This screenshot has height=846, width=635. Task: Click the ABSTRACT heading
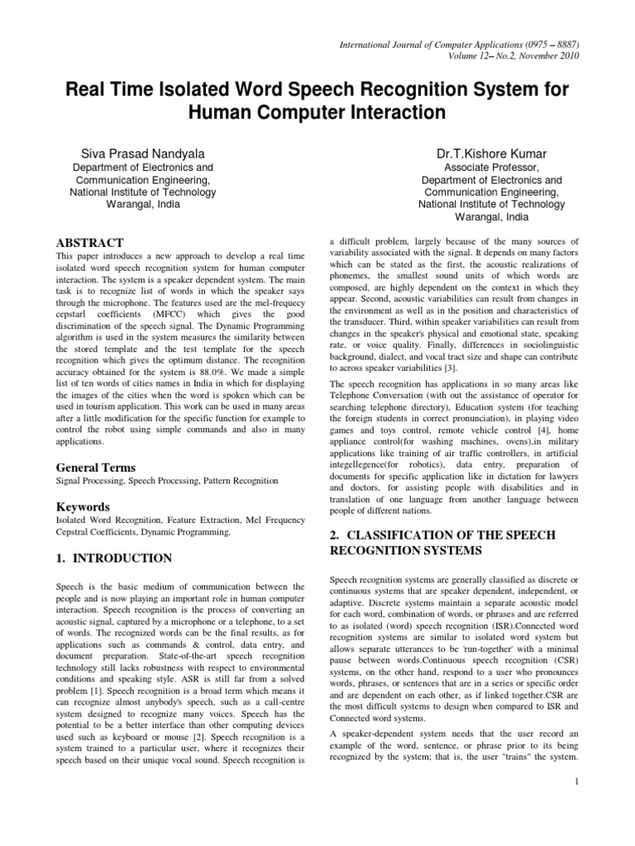coord(89,243)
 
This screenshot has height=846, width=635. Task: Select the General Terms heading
coord(95,467)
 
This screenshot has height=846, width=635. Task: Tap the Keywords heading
coord(84,506)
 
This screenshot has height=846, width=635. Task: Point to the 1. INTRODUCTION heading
coord(114,558)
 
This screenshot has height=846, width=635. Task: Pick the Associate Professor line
coord(480,167)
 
